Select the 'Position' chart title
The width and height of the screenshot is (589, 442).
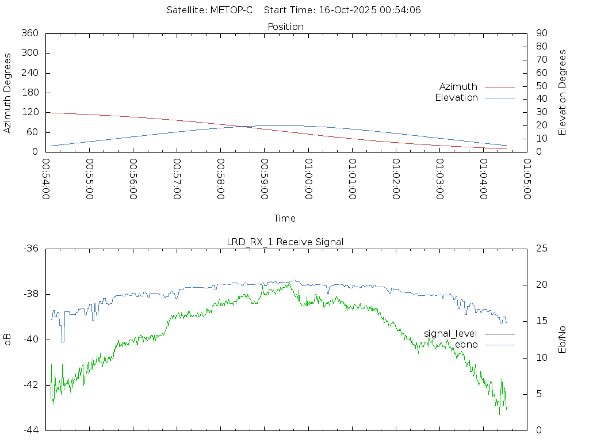click(x=286, y=26)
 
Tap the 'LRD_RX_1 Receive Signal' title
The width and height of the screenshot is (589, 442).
click(x=285, y=242)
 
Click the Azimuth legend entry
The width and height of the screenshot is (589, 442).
click(x=458, y=86)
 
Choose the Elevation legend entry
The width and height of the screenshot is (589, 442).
click(x=456, y=98)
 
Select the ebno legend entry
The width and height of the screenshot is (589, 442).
click(x=466, y=344)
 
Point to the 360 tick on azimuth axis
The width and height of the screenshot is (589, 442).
click(x=29, y=33)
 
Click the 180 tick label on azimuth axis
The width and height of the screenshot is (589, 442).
click(x=29, y=93)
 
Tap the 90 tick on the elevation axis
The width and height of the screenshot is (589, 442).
click(x=541, y=33)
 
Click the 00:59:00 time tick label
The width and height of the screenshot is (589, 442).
click(x=264, y=180)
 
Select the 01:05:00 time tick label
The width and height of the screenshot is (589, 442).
click(x=526, y=180)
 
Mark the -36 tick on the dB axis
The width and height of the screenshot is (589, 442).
click(x=30, y=249)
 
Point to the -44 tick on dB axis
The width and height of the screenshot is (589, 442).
click(x=30, y=430)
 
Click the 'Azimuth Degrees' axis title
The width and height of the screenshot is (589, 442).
click(x=8, y=93)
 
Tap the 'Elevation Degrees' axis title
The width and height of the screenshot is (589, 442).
click(x=563, y=93)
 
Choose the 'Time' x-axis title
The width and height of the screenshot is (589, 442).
click(x=285, y=218)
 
